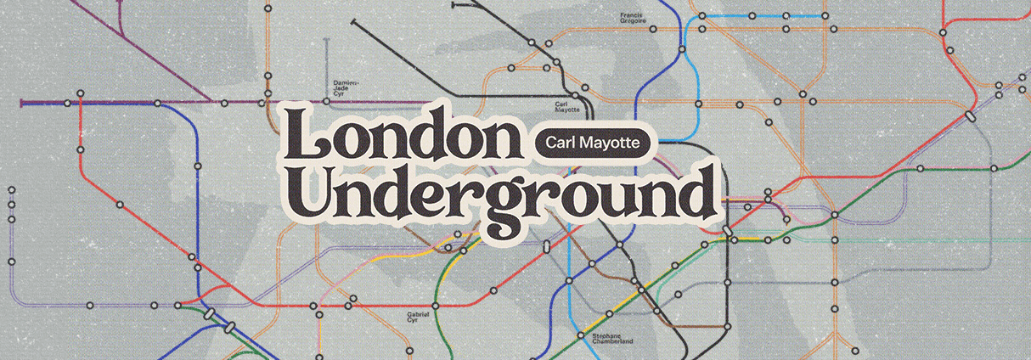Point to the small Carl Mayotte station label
(566, 106)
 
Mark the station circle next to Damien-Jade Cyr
(326, 102)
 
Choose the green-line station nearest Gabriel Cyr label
(435, 306)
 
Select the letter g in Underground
(499, 202)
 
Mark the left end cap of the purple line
(22, 103)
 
